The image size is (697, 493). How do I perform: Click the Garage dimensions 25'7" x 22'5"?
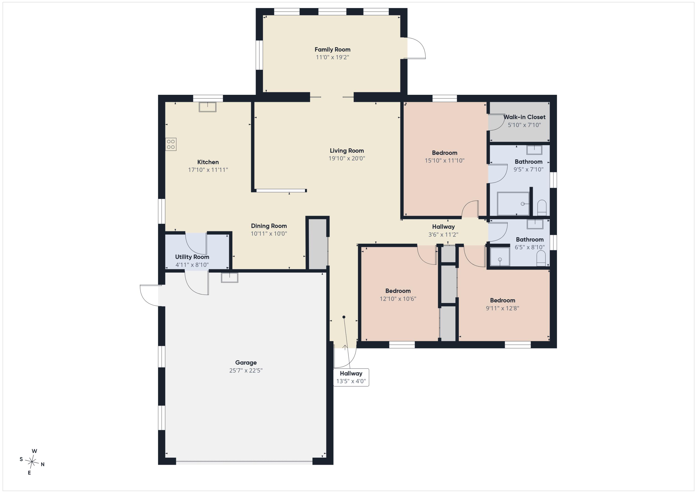pyautogui.click(x=246, y=370)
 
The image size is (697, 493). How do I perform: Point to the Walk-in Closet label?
pyautogui.click(x=524, y=117)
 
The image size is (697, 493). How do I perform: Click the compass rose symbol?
pyautogui.click(x=32, y=462)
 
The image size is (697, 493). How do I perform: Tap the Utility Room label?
pyautogui.click(x=192, y=257)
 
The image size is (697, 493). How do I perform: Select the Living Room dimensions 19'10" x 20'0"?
pyautogui.click(x=347, y=158)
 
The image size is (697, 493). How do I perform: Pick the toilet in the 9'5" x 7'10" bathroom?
pyautogui.click(x=542, y=208)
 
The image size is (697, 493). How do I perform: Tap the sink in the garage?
pyautogui.click(x=230, y=277)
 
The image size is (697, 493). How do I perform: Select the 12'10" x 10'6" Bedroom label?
pyautogui.click(x=398, y=291)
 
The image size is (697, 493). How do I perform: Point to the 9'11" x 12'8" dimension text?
pyautogui.click(x=502, y=308)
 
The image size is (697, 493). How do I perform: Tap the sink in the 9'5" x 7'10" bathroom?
pyautogui.click(x=534, y=150)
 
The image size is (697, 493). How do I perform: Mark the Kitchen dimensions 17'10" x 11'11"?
pyautogui.click(x=208, y=170)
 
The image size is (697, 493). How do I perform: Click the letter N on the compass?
pyautogui.click(x=43, y=464)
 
